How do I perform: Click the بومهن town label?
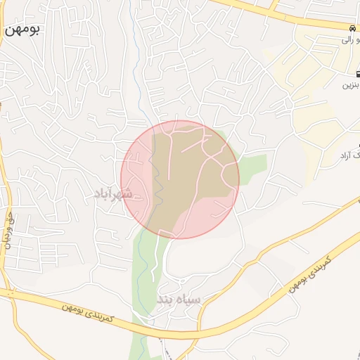(22, 31)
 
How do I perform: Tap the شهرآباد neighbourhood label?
(112, 193)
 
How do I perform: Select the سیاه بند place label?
(179, 300)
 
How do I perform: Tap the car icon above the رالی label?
(351, 27)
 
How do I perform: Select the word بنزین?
(349, 86)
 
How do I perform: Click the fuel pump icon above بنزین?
(351, 74)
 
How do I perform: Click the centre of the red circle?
(180, 179)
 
